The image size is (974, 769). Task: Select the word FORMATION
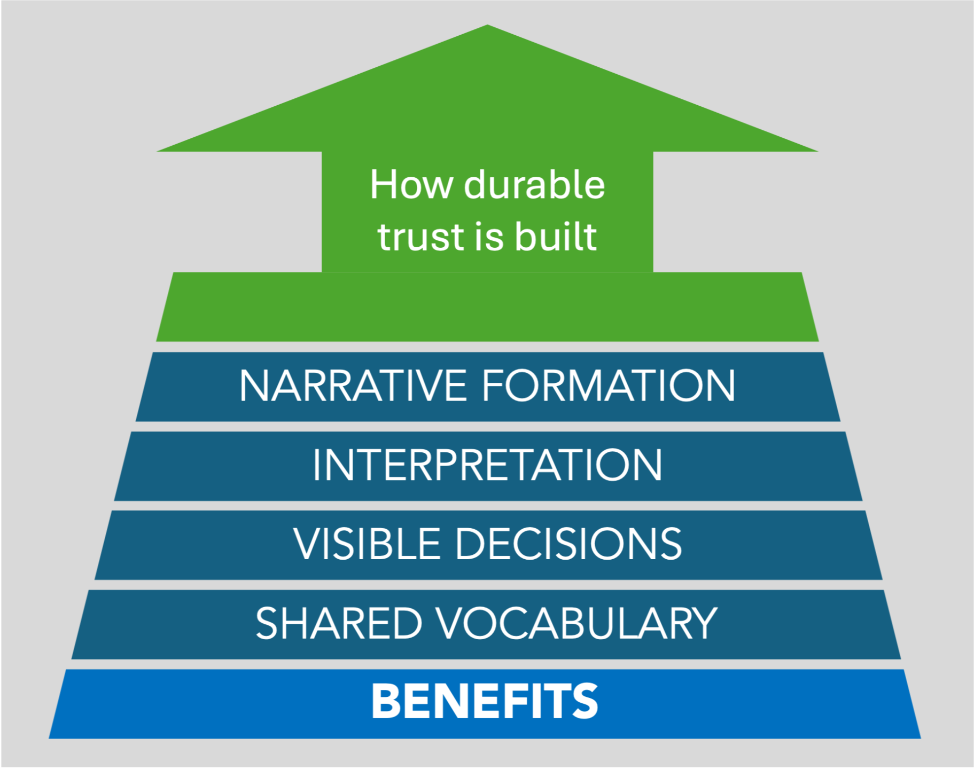609,386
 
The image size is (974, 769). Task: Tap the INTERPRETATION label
487,465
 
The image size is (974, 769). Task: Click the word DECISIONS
568,544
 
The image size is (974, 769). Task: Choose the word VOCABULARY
578,623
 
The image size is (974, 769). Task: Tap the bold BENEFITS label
485,701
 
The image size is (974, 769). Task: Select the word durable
534,185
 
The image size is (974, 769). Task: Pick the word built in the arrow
556,236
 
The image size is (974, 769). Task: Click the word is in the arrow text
488,236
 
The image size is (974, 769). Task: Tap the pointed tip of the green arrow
487,27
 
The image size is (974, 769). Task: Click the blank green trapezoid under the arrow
487,307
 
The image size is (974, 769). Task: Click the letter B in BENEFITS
385,701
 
